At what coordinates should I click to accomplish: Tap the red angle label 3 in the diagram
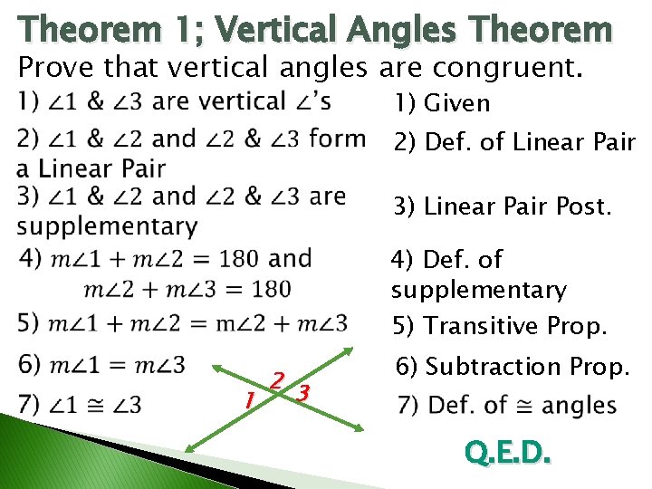(x=304, y=393)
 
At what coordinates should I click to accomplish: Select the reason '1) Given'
(x=441, y=103)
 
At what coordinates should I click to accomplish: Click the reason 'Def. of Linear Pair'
(x=513, y=142)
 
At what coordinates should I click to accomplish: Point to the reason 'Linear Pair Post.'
(x=502, y=206)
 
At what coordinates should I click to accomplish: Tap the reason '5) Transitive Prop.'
(x=498, y=326)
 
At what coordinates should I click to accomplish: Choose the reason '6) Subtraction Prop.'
(x=513, y=367)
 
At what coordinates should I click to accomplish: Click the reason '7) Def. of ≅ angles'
(x=507, y=404)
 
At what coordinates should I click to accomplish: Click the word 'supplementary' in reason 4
(x=478, y=290)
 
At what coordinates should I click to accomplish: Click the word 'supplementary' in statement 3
(x=107, y=225)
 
